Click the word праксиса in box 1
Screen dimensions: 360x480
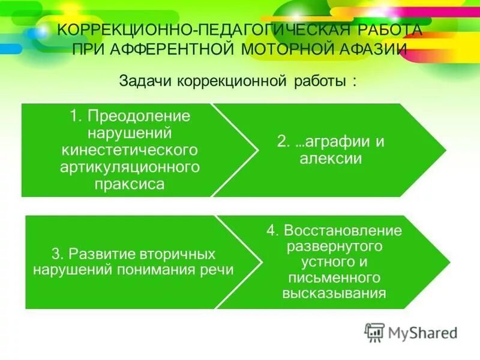coord(129,184)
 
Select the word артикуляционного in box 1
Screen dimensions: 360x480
coord(129,166)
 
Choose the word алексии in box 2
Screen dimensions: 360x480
coord(330,159)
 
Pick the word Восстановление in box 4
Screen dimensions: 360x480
coord(343,230)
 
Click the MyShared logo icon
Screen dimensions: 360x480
coord(374,332)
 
